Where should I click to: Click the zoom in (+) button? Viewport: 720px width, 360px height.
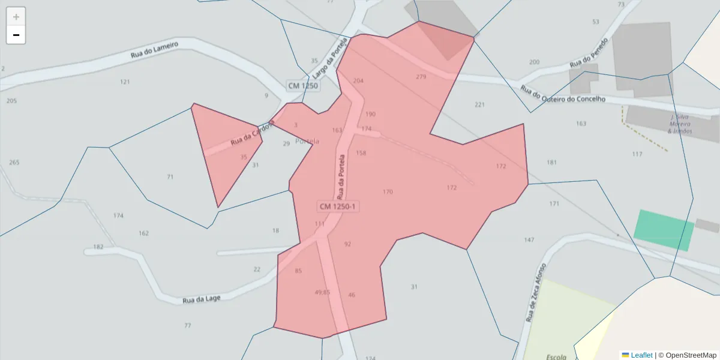(16, 17)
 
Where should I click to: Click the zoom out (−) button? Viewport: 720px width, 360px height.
(16, 35)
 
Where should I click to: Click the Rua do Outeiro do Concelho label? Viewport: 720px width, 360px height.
(562, 95)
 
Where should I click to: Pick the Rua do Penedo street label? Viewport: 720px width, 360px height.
(589, 53)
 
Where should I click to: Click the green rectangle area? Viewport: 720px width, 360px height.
(664, 230)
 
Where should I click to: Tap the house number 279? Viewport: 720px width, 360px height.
(421, 77)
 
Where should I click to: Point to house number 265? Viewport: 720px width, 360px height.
(14, 163)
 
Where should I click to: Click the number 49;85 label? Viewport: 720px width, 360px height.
(322, 292)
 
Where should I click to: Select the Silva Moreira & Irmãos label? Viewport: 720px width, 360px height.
(680, 124)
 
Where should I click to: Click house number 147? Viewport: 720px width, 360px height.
(529, 240)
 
